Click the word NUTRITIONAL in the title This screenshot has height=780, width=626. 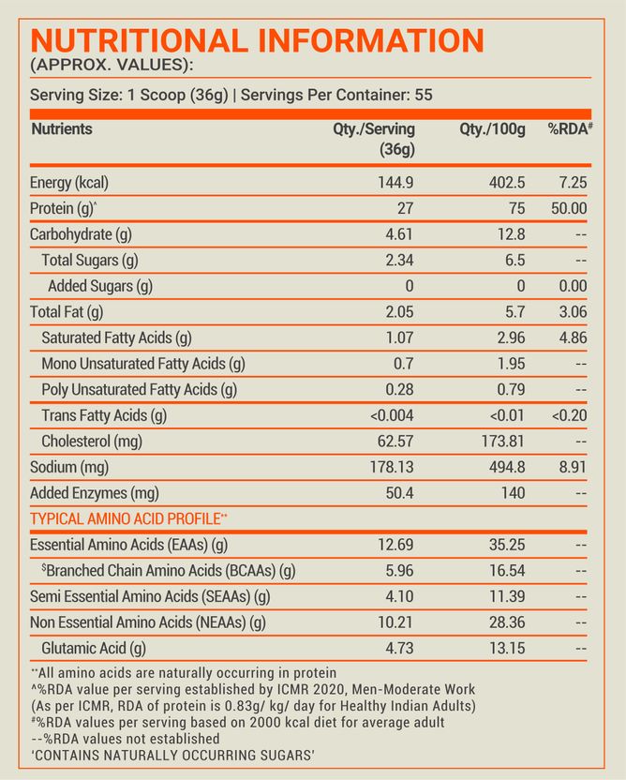coord(140,40)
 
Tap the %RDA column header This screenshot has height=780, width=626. coord(571,128)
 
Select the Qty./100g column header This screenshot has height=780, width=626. coord(492,129)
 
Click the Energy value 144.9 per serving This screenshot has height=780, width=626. coord(395,183)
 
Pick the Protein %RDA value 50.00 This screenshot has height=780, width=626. coord(569,208)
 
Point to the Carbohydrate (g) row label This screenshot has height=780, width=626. coord(81,234)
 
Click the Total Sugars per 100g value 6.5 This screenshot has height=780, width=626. coord(514,261)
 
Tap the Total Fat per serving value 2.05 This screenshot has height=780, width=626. coord(399,312)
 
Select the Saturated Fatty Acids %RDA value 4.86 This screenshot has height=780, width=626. coord(573,337)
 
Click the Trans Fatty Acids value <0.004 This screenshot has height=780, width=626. coord(392,415)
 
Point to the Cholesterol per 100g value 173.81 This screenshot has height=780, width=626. coord(502,442)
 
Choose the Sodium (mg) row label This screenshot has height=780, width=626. coord(69,467)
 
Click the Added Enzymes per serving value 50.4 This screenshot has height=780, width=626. coord(399,493)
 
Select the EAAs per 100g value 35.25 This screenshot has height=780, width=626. coord(507,545)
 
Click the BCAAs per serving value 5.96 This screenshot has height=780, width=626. coord(399,571)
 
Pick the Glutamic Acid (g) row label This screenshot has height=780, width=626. coord(94,648)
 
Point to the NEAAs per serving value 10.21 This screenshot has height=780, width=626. coord(395,622)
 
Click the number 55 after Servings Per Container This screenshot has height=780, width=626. coord(424,95)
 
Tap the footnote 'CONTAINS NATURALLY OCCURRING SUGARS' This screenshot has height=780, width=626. coord(172,755)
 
